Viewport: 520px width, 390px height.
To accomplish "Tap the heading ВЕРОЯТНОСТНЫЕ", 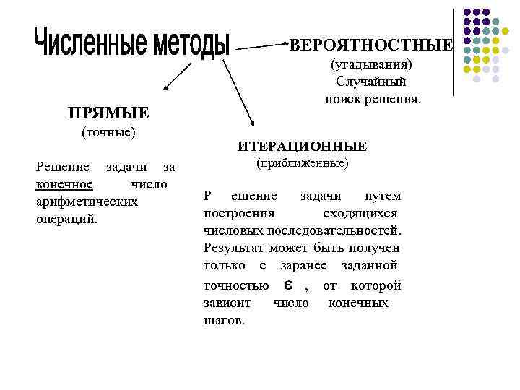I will pos(371,45).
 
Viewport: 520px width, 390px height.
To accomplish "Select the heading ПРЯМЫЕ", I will pos(108,113).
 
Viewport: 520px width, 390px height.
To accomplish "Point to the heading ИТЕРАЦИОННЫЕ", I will pos(303,147).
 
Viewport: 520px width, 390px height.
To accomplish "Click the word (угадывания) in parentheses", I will pos(371,65).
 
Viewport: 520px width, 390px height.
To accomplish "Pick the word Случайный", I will pos(371,81).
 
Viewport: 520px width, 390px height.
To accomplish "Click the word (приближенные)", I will pos(303,163).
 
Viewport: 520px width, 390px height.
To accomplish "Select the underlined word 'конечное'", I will pos(64,184).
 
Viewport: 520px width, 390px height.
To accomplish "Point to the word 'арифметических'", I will pos(87,201).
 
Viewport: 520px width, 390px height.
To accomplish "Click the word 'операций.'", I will pos(66,218).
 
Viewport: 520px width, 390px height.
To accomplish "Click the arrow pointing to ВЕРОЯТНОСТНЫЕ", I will pos(261,46).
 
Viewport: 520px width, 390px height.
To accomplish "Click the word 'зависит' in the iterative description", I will pos(225,303).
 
